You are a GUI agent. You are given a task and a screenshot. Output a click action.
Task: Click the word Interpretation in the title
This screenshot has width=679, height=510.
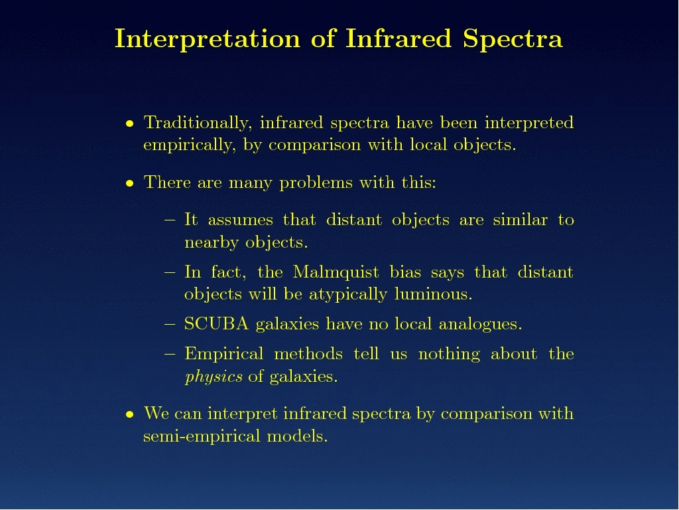coord(208,39)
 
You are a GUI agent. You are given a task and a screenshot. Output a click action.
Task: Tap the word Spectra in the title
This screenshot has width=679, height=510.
coord(513,39)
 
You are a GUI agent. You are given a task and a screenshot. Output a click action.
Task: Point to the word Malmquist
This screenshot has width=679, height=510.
coord(336,272)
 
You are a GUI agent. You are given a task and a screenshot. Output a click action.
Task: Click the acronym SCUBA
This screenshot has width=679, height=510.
coord(217,324)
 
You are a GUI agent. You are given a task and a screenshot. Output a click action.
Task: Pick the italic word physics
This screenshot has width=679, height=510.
coord(214,377)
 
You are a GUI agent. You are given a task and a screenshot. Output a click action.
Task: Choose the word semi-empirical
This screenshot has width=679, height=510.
coord(202,436)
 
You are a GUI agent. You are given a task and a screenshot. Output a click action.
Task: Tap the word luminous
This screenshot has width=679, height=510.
coord(433,294)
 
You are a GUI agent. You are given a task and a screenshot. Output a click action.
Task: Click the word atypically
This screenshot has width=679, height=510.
coord(347,295)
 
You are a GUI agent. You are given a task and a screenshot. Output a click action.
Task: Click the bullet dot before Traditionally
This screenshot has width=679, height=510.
coord(129,124)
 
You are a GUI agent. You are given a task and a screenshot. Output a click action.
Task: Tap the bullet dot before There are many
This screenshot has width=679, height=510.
coord(129,183)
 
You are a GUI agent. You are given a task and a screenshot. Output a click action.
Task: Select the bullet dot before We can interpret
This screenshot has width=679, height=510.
coord(129,414)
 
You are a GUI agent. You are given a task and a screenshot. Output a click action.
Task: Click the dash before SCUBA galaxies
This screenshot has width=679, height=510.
coord(170,324)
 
